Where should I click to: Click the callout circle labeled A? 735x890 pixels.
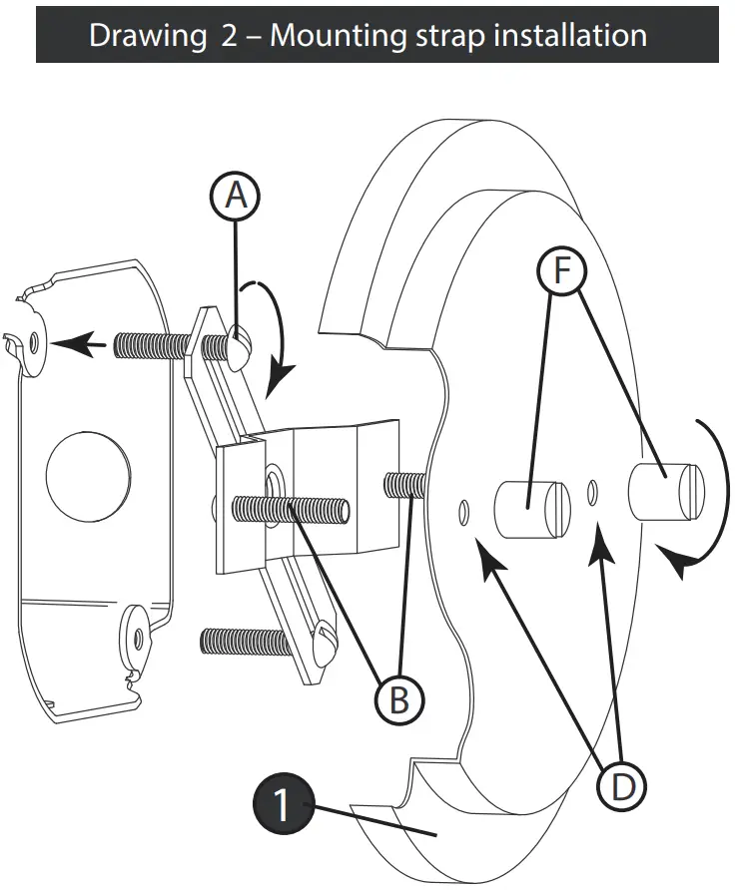[x=235, y=196]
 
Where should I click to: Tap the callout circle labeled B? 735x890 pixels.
[x=398, y=699]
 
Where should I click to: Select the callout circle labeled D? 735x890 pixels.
[x=622, y=787]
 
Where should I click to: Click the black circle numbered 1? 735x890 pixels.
[x=283, y=804]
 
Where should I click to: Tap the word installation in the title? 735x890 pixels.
[x=562, y=35]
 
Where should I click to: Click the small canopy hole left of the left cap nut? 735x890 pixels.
[x=464, y=511]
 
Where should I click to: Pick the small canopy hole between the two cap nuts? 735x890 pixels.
[x=594, y=491]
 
